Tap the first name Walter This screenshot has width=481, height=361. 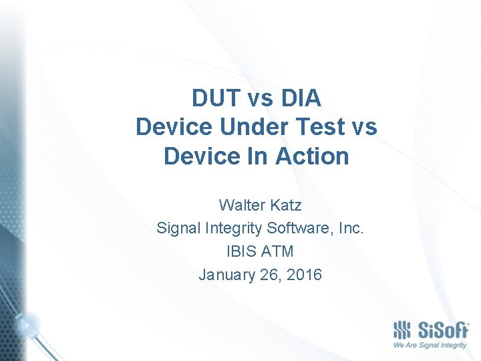(240, 205)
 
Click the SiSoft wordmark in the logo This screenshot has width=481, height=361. (442, 330)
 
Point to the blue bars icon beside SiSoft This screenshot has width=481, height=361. (402, 330)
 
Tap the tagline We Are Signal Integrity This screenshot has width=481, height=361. (430, 346)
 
